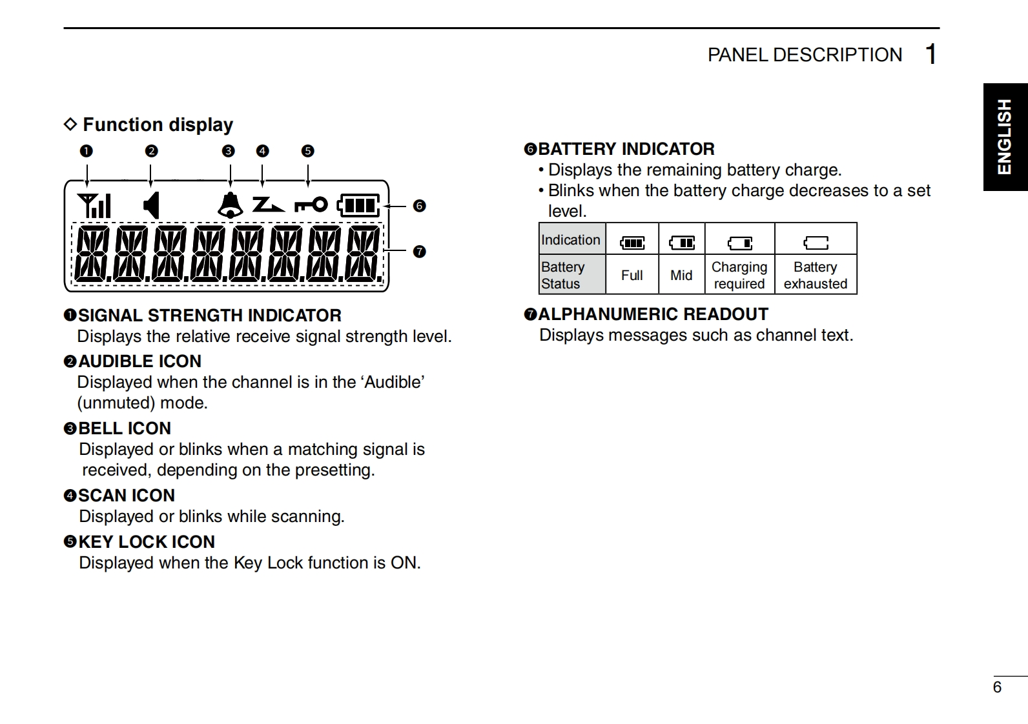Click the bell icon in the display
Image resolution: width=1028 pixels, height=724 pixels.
230,205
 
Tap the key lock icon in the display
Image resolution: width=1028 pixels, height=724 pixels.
311,205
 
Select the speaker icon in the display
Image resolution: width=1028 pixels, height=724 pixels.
152,205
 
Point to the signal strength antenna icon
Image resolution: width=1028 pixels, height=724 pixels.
94,205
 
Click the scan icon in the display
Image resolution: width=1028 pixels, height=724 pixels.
268,205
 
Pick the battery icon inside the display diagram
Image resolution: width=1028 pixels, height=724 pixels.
359,205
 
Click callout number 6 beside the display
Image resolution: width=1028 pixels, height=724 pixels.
420,206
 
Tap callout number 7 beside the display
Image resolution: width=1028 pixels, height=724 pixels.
420,252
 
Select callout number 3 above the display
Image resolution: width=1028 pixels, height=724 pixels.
228,151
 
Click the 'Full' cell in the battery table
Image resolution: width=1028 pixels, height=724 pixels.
632,275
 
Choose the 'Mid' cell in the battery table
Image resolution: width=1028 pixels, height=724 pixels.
681,275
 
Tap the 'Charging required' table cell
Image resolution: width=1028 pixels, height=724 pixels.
739,275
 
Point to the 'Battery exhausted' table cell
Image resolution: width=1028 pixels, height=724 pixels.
816,275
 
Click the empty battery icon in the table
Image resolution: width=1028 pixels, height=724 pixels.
816,243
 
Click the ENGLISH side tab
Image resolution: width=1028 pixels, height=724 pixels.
1005,137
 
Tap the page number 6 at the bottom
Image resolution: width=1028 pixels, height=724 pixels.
997,687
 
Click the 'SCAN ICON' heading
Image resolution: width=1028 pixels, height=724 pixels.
127,496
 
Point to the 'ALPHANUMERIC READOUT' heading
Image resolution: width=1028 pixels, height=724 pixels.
653,314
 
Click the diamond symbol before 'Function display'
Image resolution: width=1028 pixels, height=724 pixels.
70,124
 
